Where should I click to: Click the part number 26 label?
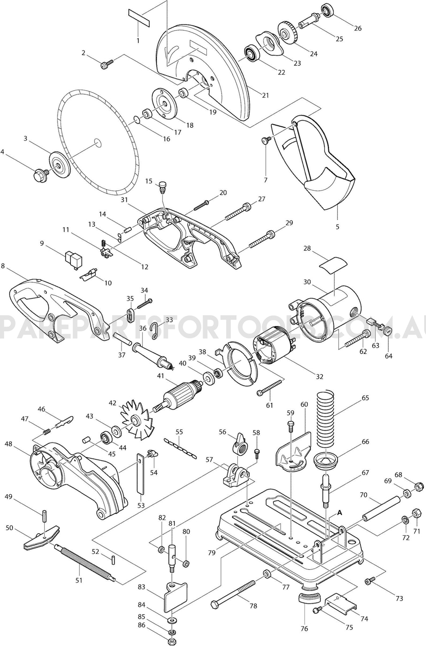(x=358, y=28)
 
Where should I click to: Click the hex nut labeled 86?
(x=172, y=640)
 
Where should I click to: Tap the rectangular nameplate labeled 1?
(x=139, y=18)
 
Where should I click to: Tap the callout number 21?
(x=266, y=95)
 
